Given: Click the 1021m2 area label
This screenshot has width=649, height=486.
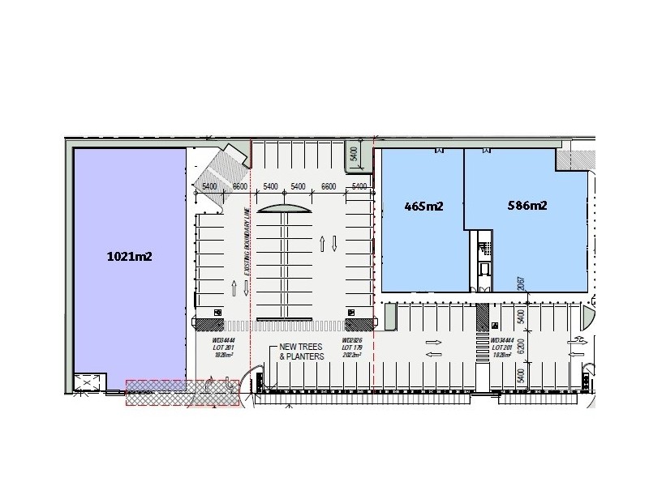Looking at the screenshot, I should pyautogui.click(x=130, y=257).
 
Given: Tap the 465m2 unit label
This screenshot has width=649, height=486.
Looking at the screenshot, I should pyautogui.click(x=423, y=206).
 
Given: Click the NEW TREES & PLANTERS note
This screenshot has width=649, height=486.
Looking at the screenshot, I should pyautogui.click(x=301, y=352).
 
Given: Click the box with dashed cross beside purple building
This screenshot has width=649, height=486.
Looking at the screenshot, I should pyautogui.click(x=87, y=383).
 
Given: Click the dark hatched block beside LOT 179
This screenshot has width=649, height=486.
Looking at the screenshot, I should pyautogui.click(x=354, y=324).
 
